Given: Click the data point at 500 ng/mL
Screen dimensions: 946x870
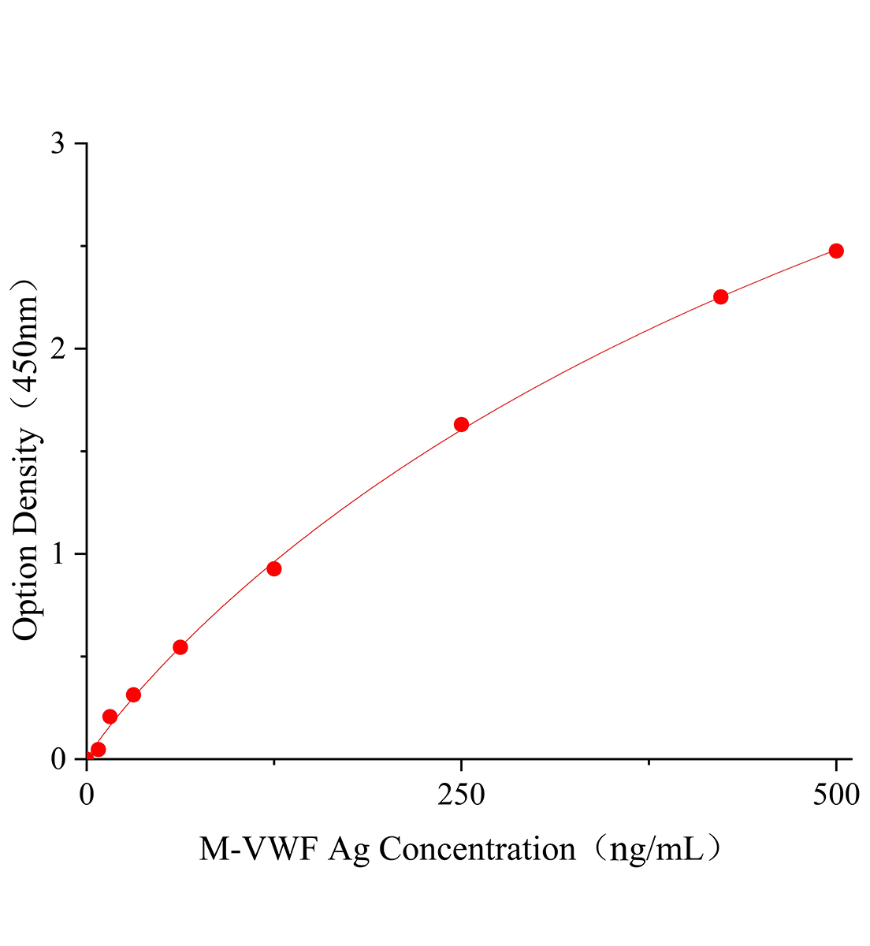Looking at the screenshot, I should [x=836, y=251].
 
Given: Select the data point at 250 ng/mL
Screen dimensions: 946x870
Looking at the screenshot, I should [x=462, y=425].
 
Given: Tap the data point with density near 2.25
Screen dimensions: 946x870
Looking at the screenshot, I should [x=720, y=297].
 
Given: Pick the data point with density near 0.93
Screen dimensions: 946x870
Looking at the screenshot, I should [x=274, y=568].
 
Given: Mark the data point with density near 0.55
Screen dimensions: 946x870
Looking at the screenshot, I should [x=180, y=647].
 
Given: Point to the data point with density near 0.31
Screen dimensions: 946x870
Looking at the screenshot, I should [x=134, y=695].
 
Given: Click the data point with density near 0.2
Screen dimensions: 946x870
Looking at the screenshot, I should [x=110, y=717].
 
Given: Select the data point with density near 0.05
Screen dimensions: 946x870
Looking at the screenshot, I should [x=99, y=749].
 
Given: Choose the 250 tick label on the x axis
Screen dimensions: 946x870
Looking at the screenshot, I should [x=462, y=795].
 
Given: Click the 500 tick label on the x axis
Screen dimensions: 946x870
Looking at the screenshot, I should [x=836, y=795].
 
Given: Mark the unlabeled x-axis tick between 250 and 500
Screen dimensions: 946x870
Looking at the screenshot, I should [x=649, y=762].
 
